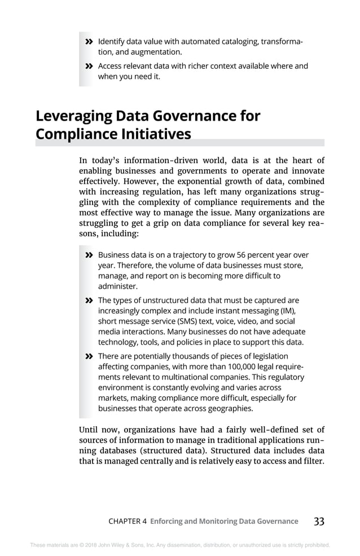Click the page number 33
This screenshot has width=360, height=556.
pyautogui.click(x=319, y=522)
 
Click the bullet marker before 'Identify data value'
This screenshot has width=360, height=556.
pyautogui.click(x=88, y=42)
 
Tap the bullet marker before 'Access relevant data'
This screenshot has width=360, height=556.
pyautogui.click(x=88, y=67)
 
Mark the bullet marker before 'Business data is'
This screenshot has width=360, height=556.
pyautogui.click(x=88, y=255)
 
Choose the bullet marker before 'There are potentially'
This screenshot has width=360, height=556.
pyautogui.click(x=88, y=356)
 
